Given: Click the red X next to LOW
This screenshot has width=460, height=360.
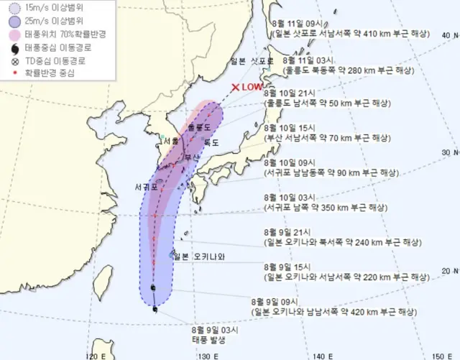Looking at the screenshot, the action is (x=235, y=88).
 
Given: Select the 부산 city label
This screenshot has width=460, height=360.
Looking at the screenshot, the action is (x=192, y=157).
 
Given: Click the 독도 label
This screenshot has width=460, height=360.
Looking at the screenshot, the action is (x=211, y=143).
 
